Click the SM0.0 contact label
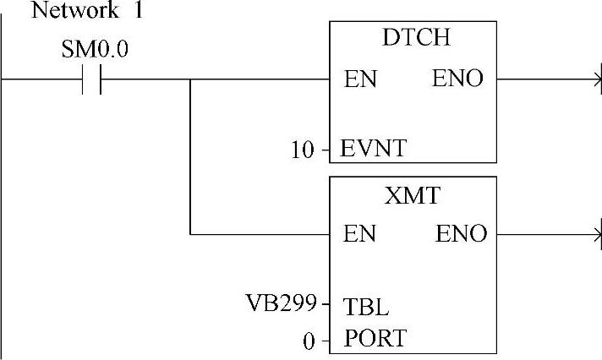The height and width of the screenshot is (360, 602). click(x=94, y=49)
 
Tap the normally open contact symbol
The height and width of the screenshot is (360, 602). click(x=92, y=80)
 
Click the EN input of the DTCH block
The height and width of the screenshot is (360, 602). click(x=360, y=80)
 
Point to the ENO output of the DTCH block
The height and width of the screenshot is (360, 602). click(x=457, y=79)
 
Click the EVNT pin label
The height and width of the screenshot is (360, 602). click(x=373, y=150)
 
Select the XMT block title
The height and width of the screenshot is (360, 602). click(x=413, y=197)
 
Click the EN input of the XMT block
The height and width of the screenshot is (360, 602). click(x=360, y=234)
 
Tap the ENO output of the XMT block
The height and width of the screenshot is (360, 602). click(x=462, y=234)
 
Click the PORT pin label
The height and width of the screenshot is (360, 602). click(x=375, y=340)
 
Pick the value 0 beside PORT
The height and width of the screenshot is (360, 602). click(x=309, y=341)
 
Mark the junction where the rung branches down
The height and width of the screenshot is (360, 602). click(x=190, y=80)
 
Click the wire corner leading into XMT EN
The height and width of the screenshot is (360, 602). click(x=190, y=234)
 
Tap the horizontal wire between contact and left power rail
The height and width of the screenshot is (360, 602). click(x=42, y=80)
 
